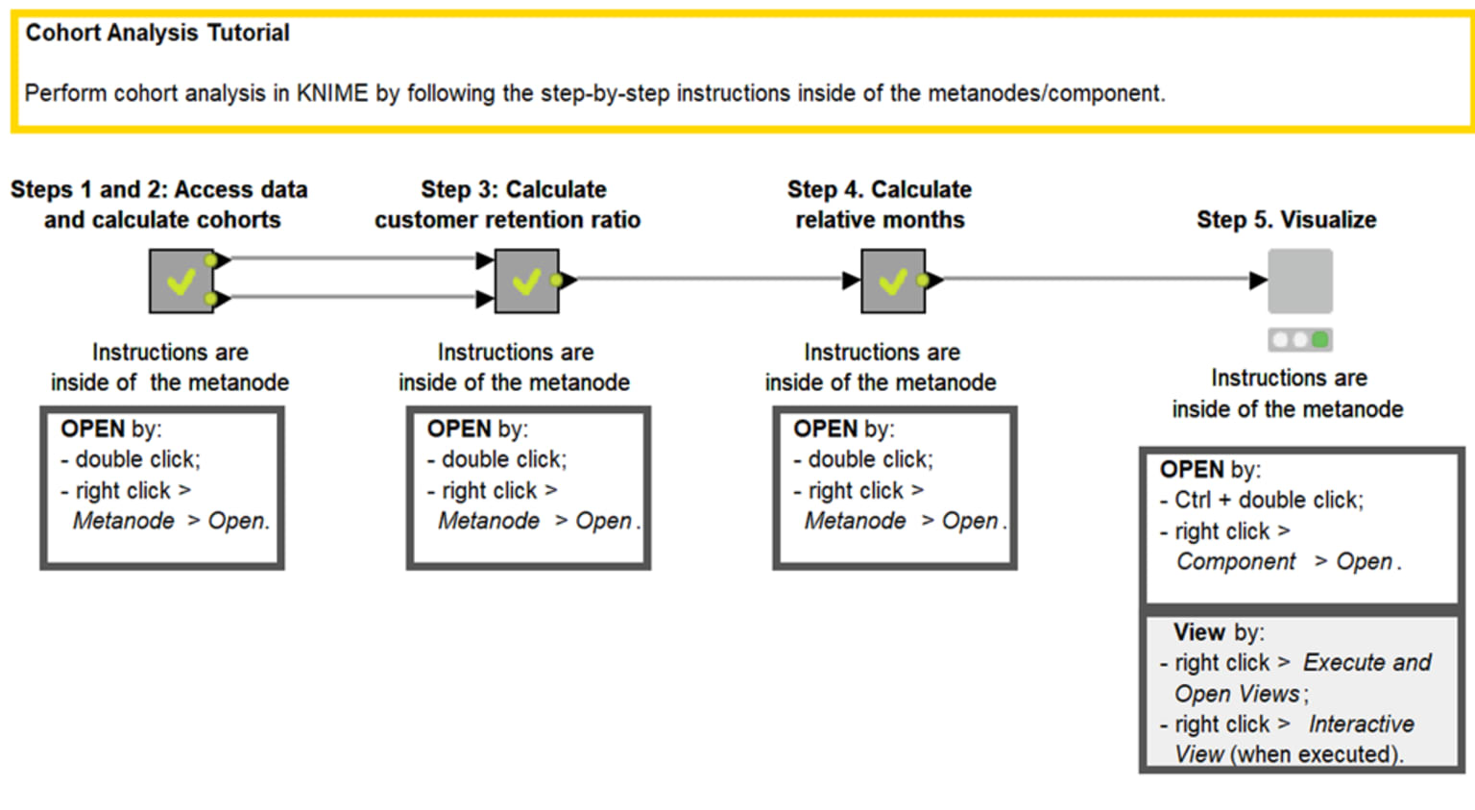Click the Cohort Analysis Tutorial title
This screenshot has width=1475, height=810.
click(x=157, y=33)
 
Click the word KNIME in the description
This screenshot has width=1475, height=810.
click(x=331, y=93)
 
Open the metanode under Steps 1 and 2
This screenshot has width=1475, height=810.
click(x=181, y=281)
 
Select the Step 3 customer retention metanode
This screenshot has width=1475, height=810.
click(x=526, y=281)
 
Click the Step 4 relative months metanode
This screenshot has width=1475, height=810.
click(x=892, y=281)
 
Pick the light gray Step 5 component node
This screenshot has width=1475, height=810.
click(x=1299, y=281)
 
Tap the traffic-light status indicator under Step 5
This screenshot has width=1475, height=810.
click(x=1299, y=339)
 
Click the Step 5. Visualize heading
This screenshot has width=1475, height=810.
click(x=1286, y=220)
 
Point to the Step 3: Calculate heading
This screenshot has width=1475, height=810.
click(x=513, y=189)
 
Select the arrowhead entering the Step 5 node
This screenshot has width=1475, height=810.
click(x=1258, y=281)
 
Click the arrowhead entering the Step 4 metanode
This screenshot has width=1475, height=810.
click(x=851, y=281)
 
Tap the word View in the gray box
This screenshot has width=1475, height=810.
click(x=1198, y=632)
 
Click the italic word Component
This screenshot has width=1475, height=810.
click(x=1236, y=562)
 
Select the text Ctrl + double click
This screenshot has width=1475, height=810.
click(x=1268, y=501)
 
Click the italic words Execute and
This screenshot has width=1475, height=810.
click(x=1366, y=663)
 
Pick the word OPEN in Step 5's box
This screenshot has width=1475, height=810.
click(x=1192, y=470)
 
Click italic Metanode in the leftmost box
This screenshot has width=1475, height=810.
click(x=124, y=521)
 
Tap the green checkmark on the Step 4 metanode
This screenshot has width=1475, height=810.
click(x=892, y=282)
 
